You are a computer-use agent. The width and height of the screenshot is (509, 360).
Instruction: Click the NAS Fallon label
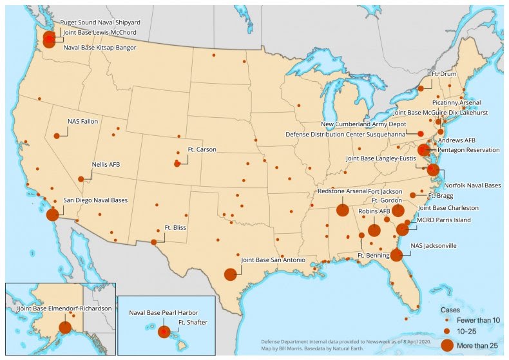(x=82, y=121)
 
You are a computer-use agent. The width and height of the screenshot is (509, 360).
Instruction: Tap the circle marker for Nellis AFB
(x=81, y=179)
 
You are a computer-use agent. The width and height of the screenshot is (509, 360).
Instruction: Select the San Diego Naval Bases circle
(x=52, y=214)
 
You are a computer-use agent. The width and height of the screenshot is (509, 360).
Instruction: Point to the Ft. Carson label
(x=202, y=149)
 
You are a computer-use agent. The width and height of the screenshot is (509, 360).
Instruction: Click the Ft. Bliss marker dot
(x=154, y=242)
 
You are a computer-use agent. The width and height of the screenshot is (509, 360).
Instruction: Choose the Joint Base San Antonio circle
(x=230, y=274)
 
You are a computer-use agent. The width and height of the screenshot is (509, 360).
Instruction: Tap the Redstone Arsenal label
(x=342, y=192)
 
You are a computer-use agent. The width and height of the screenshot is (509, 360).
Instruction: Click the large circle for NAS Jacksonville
(x=396, y=255)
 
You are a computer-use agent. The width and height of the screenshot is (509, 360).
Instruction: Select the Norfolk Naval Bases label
(x=473, y=185)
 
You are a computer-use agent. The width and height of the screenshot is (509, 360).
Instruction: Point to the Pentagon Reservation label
(x=468, y=149)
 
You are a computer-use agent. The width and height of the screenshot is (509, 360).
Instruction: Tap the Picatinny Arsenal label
(x=456, y=102)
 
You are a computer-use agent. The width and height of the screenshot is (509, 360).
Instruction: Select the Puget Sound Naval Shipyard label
(x=100, y=22)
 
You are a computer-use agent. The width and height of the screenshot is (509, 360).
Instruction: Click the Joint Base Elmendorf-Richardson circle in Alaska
(x=64, y=327)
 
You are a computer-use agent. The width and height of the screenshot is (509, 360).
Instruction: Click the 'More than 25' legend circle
(x=447, y=345)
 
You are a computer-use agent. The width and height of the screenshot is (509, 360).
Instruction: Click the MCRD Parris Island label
(x=445, y=220)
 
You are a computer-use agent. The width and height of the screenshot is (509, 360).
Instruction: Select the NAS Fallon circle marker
(x=57, y=135)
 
